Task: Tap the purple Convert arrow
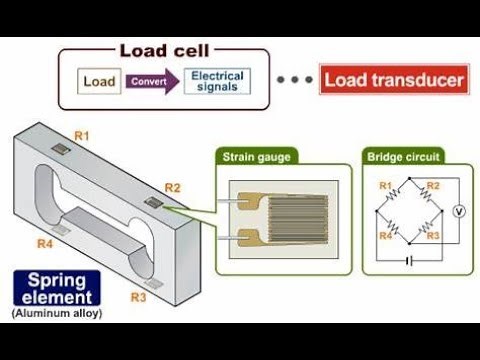pos(151,80)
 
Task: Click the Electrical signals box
pos(217,80)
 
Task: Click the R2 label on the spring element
pos(172,187)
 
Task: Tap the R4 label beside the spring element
pos(45,243)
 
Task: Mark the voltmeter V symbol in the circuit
pos(460,211)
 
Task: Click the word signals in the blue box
pos(217,88)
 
